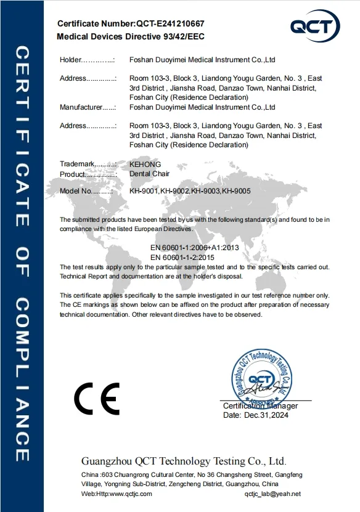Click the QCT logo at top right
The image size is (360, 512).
[315, 26]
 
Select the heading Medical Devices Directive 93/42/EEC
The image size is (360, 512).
[130, 36]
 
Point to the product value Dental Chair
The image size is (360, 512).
[149, 174]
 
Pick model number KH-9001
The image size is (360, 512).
[144, 191]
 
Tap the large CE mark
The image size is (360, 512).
[97, 399]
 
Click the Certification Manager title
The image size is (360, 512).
[260, 405]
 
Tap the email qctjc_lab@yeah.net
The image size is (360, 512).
[272, 494]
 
